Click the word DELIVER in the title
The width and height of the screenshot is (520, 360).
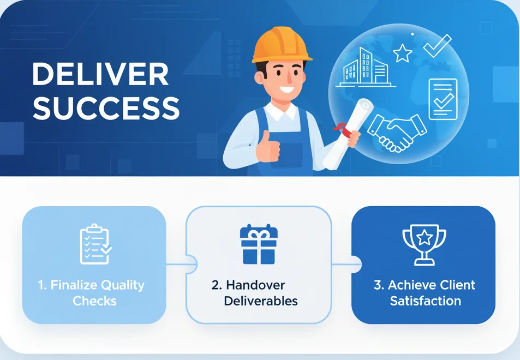(100, 74)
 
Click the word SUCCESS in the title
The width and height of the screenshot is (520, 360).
(106, 109)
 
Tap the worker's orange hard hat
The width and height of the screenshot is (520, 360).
(281, 45)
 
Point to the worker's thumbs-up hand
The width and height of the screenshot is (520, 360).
(267, 147)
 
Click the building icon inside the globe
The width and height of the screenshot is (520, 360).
(366, 68)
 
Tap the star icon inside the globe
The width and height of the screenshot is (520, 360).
(403, 53)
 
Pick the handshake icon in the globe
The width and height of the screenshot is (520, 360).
(396, 133)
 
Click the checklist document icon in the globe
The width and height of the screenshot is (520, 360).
(443, 99)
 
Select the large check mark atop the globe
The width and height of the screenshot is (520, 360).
(437, 45)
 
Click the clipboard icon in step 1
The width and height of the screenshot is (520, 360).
(95, 244)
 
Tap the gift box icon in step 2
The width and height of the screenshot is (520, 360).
(259, 244)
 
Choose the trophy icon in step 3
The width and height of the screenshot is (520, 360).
(424, 245)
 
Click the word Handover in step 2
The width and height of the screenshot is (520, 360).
(255, 285)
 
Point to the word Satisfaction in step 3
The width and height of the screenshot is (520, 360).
(426, 301)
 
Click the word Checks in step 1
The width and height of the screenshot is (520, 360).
(94, 301)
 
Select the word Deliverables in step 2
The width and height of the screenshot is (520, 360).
(261, 301)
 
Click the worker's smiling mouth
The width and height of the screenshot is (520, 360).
(286, 89)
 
